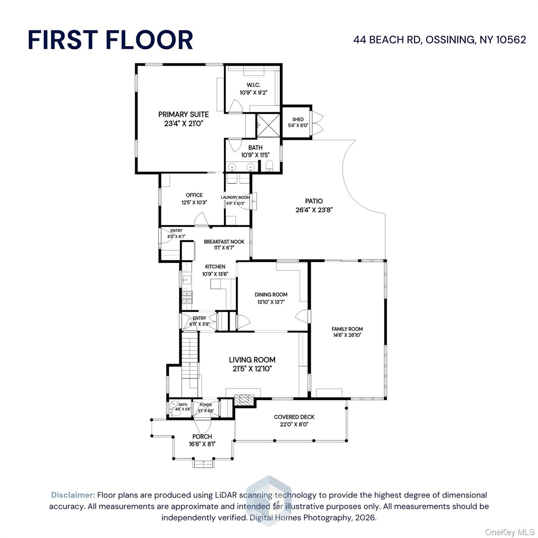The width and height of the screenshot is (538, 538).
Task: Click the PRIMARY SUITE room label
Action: [x=184, y=115]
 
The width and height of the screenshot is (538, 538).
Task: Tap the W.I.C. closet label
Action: [x=254, y=85]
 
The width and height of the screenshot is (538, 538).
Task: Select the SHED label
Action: [x=298, y=119]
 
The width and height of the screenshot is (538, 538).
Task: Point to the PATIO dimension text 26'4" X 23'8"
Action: [x=314, y=210]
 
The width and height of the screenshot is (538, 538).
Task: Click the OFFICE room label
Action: [x=194, y=195]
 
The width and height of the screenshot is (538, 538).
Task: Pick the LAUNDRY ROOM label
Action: [x=235, y=198]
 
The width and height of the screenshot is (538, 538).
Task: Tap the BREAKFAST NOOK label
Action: [x=224, y=242]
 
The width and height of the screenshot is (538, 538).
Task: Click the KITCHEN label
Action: [x=215, y=267]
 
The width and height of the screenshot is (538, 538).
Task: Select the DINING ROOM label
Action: [x=271, y=295]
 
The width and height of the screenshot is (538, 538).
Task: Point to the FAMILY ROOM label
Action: [x=347, y=329]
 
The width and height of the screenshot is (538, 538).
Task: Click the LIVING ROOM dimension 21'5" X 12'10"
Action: [x=252, y=369]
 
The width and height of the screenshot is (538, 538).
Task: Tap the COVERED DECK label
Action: [x=294, y=417]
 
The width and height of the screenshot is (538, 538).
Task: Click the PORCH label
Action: [x=202, y=436]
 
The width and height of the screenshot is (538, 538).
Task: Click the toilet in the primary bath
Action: [x=269, y=166]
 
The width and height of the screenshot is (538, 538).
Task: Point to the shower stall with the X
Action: [x=268, y=125]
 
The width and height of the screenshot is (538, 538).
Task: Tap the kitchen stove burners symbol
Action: [x=187, y=297]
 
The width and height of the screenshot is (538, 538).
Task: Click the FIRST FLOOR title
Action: [x=110, y=40]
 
